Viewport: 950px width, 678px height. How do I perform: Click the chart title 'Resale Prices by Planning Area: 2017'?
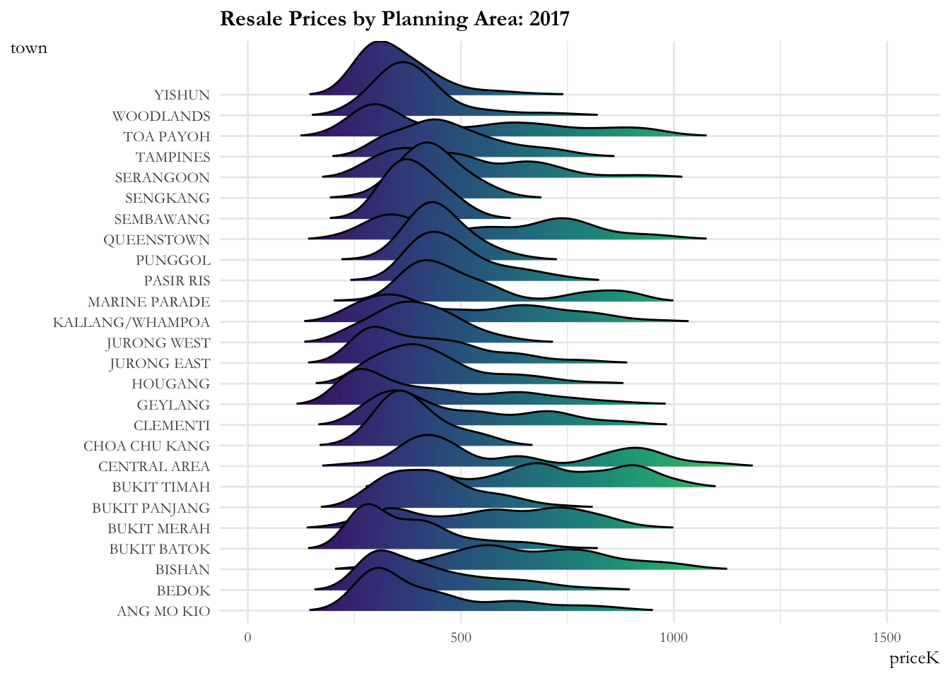click(x=394, y=18)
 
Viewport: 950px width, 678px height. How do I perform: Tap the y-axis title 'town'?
click(x=29, y=48)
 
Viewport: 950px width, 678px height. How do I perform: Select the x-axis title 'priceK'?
click(x=914, y=658)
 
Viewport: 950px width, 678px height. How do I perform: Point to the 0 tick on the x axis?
click(x=247, y=638)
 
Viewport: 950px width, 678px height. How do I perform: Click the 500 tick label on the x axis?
click(x=460, y=638)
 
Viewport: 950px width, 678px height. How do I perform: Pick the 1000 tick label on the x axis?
click(x=674, y=638)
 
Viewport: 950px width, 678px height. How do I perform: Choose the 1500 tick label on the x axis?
click(x=886, y=638)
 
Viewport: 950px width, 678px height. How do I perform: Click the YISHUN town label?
click(x=182, y=95)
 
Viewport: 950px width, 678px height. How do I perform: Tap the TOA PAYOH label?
click(x=166, y=136)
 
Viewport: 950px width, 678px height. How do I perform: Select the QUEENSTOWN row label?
click(x=156, y=240)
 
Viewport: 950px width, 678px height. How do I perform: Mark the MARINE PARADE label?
click(x=148, y=302)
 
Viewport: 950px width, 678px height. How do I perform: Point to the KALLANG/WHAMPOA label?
click(x=131, y=323)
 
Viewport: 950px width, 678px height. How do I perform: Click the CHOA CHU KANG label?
click(x=146, y=446)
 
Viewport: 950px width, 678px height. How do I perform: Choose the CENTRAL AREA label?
click(x=153, y=467)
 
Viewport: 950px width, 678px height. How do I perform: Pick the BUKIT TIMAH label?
click(x=160, y=487)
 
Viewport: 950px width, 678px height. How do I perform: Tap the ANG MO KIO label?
click(x=163, y=612)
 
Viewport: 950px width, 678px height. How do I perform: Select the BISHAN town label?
click(x=182, y=570)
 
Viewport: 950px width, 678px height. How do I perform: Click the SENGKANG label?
click(x=168, y=198)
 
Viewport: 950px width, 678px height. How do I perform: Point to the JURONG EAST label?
click(x=159, y=364)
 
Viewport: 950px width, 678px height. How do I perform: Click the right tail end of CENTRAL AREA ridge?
click(x=751, y=465)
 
